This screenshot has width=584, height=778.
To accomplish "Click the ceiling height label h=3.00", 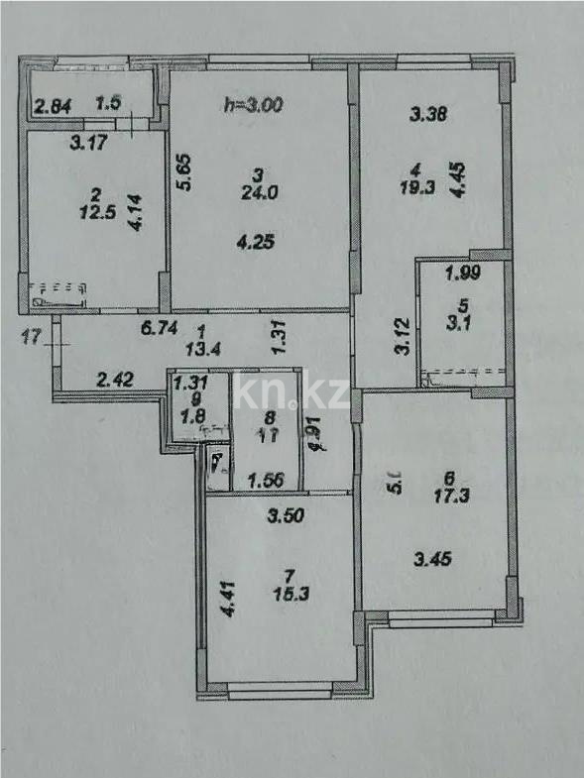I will pyautogui.click(x=253, y=103).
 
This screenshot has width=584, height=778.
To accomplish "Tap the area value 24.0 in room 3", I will pyautogui.click(x=258, y=193).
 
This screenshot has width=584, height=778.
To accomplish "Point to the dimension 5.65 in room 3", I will pyautogui.click(x=183, y=171).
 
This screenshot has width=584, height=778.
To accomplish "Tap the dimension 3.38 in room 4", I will pyautogui.click(x=429, y=114).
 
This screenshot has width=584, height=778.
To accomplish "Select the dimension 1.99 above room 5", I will pyautogui.click(x=462, y=274).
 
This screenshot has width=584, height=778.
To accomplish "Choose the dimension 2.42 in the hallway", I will pyautogui.click(x=115, y=378).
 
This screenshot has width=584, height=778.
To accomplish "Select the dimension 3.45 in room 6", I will pyautogui.click(x=432, y=559).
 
